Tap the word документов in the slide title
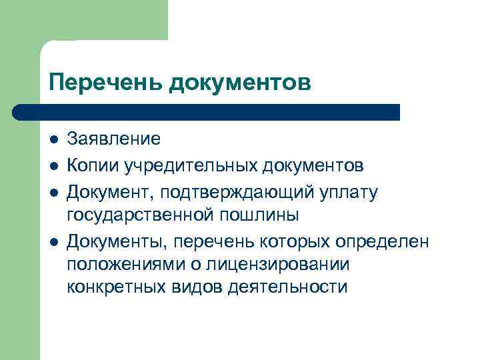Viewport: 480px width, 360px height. click(240, 83)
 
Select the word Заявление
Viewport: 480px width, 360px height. click(113, 139)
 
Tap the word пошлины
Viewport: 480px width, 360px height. click(258, 215)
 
